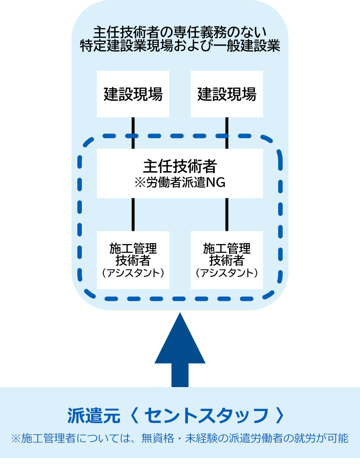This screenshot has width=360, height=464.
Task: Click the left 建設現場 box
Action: (x=133, y=94)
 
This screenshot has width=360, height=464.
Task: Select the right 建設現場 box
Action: (x=227, y=94)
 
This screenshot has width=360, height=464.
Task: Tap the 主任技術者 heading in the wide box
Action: (x=180, y=166)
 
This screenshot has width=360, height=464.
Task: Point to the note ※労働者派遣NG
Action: (x=180, y=183)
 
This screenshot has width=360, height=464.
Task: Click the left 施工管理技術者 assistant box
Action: (x=133, y=260)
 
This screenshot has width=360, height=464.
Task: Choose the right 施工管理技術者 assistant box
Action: (x=227, y=260)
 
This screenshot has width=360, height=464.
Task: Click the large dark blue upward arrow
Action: (x=180, y=350)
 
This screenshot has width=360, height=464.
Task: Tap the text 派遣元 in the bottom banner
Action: (x=94, y=415)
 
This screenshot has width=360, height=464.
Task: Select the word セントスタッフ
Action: (x=206, y=415)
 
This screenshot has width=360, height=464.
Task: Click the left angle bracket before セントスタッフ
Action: (x=134, y=415)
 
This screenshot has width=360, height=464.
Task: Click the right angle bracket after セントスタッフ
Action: (x=279, y=415)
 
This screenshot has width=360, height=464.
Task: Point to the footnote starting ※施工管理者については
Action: (x=180, y=438)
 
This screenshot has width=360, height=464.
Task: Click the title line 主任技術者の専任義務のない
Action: (x=180, y=32)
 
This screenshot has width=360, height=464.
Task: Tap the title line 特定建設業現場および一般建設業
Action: (x=180, y=46)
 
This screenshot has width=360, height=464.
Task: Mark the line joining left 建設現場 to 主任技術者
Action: (x=133, y=133)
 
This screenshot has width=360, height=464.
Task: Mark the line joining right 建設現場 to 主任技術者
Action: (x=227, y=133)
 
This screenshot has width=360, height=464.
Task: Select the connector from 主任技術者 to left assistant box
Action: (x=133, y=214)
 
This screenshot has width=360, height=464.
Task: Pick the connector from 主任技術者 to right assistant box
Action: (x=227, y=214)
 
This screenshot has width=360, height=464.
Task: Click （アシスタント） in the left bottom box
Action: (x=133, y=273)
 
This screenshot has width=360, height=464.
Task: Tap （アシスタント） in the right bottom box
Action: (x=227, y=273)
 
